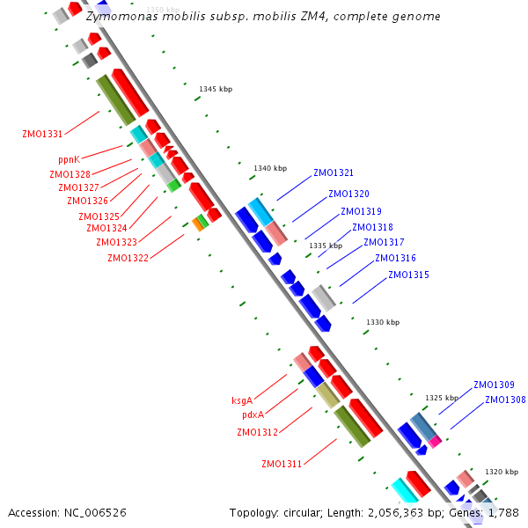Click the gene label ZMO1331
click(42, 135)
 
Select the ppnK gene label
click(69, 160)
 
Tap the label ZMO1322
click(128, 258)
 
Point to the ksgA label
click(242, 401)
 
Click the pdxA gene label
click(253, 415)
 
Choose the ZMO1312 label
click(257, 432)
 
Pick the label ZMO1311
click(282, 464)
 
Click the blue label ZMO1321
click(334, 173)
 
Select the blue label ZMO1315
click(408, 275)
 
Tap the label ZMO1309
click(494, 385)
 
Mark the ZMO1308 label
click(505, 400)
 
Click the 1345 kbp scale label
click(216, 90)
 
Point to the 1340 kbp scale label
click(270, 168)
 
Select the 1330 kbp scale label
click(383, 323)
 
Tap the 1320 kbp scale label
click(501, 472)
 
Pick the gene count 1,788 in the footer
click(502, 512)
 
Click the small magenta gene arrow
click(435, 441)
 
